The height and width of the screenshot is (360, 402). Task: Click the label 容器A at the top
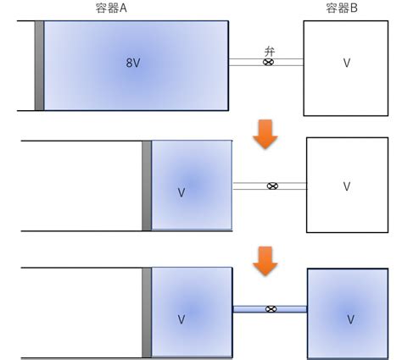[111, 8]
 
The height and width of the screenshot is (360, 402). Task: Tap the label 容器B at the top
[342, 8]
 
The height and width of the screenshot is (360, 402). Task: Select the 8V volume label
[133, 63]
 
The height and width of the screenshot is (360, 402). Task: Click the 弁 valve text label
[270, 52]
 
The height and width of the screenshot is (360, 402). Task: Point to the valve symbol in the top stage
[268, 62]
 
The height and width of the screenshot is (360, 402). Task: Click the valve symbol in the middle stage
[272, 186]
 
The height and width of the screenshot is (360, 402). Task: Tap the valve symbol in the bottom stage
[271, 309]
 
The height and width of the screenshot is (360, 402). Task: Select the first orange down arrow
[265, 134]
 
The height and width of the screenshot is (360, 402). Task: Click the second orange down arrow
[265, 261]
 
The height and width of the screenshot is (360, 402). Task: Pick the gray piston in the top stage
[39, 65]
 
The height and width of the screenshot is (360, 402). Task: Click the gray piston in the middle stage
[147, 186]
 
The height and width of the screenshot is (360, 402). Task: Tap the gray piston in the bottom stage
[147, 313]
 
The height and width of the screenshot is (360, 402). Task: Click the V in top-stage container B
[347, 63]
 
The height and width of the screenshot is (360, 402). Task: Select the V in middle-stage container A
[181, 192]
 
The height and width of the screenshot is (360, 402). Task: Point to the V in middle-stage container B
[347, 186]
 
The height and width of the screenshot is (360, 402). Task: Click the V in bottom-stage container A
[181, 319]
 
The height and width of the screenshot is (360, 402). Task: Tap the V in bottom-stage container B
[350, 319]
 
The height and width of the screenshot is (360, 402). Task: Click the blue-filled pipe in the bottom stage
[270, 309]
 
